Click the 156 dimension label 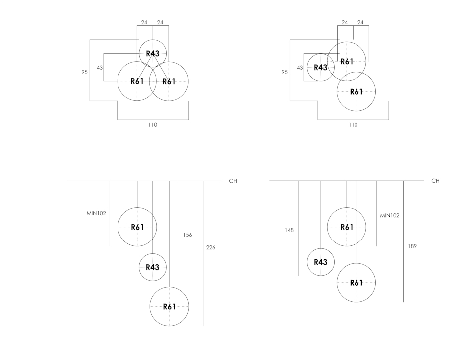pyautogui.click(x=187, y=235)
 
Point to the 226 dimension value pyautogui.click(x=211, y=247)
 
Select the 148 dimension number pyautogui.click(x=289, y=230)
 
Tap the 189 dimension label pyautogui.click(x=412, y=246)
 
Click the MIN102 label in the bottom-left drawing pyautogui.click(x=96, y=213)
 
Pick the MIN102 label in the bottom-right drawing pyautogui.click(x=390, y=216)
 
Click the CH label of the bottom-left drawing pyautogui.click(x=233, y=181)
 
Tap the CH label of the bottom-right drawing pyautogui.click(x=435, y=181)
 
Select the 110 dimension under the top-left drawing pyautogui.click(x=152, y=125)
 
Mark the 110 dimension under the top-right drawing pyautogui.click(x=353, y=125)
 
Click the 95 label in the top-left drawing pyautogui.click(x=85, y=72)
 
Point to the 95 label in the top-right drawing pyautogui.click(x=285, y=72)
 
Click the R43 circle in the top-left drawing pyautogui.click(x=152, y=53)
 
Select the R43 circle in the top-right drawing pyautogui.click(x=320, y=67)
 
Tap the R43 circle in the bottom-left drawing pyautogui.click(x=152, y=267)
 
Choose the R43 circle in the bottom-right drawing pyautogui.click(x=320, y=262)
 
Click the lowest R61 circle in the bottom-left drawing pyautogui.click(x=169, y=307)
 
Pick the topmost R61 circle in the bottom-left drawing pyautogui.click(x=137, y=227)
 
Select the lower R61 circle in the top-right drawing pyautogui.click(x=356, y=92)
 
